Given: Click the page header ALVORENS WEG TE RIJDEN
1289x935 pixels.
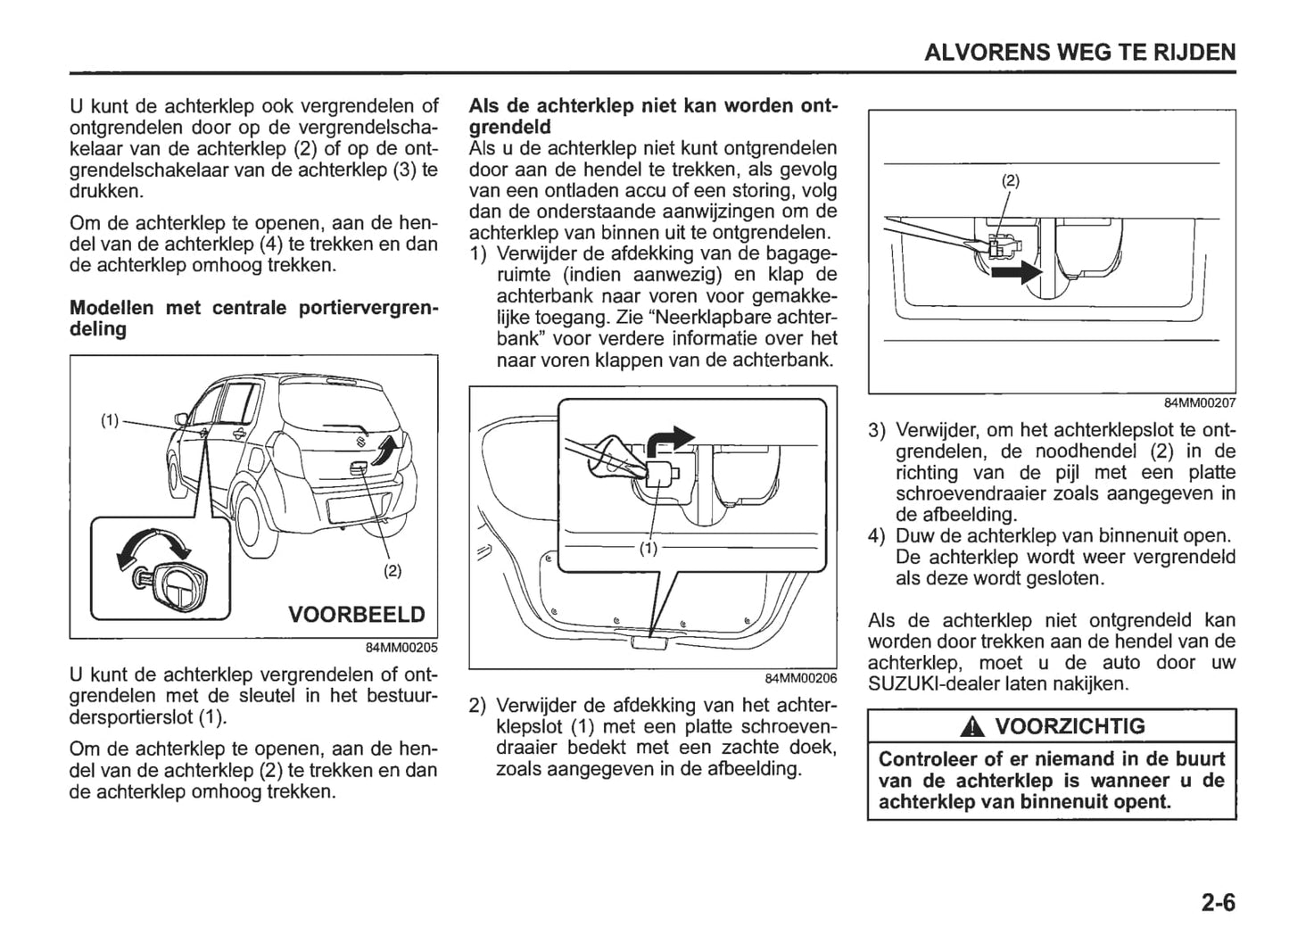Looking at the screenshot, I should (1079, 52).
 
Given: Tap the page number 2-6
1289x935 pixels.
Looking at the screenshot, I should (1218, 903).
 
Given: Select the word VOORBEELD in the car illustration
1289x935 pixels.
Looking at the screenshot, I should (356, 615).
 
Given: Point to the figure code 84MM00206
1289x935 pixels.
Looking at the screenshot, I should (800, 678).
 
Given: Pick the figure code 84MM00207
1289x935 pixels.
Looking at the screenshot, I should (1200, 403).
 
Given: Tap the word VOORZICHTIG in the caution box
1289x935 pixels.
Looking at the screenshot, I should (1069, 726).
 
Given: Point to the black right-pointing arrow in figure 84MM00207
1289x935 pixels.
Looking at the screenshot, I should (1016, 271).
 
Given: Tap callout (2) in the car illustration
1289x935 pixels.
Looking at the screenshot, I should (392, 570).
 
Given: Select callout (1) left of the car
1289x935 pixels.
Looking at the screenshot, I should (109, 420).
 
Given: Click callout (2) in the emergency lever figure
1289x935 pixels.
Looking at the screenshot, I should (1010, 180).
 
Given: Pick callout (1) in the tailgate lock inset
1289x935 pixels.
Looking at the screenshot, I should (649, 549).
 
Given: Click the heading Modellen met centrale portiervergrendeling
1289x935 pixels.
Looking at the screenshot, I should (253, 319).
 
